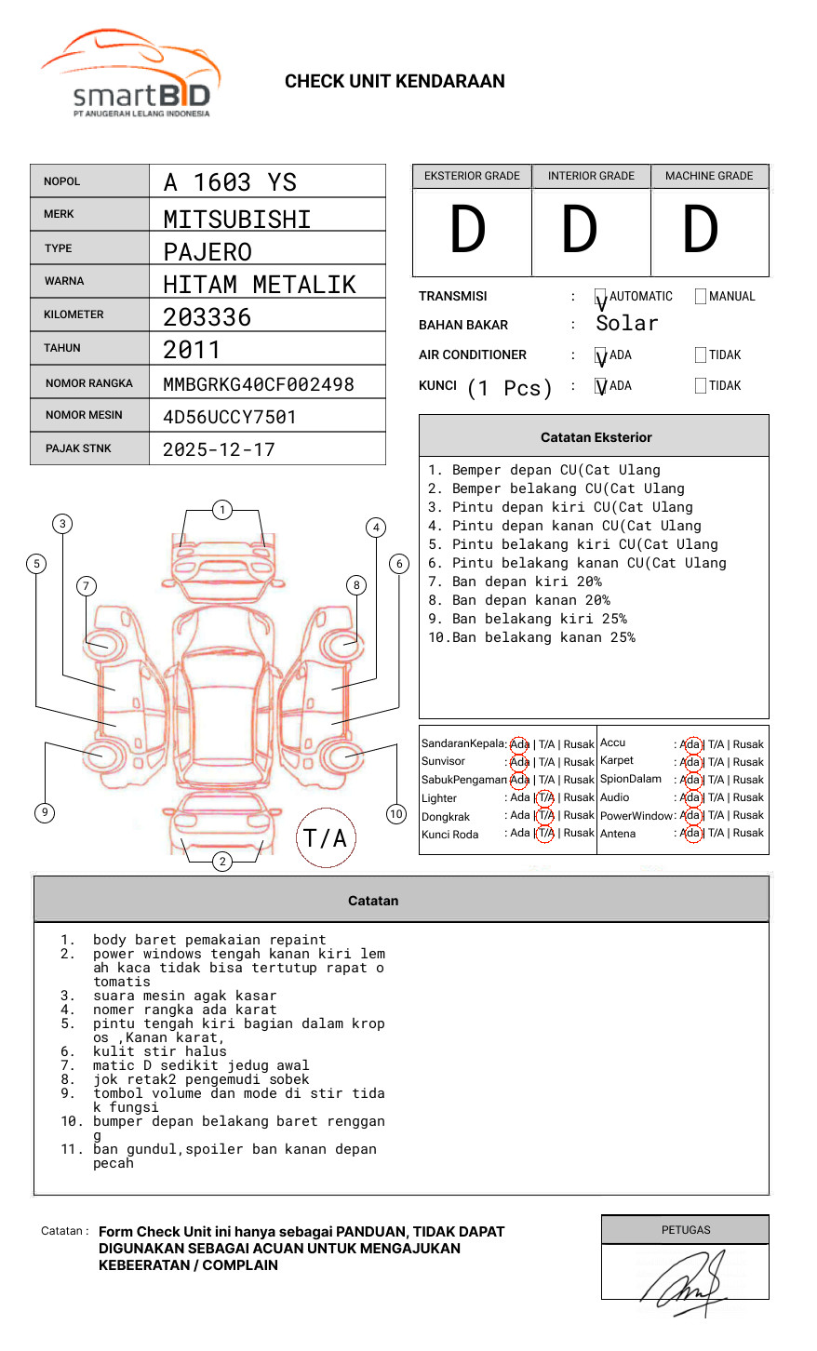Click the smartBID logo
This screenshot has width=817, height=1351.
point(130,74)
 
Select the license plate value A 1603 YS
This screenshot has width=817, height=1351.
point(230,182)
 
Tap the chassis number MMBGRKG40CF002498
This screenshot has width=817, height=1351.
point(258,384)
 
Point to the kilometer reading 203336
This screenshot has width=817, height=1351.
point(207,317)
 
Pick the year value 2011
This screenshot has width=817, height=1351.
point(192,350)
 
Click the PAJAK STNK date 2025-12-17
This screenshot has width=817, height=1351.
point(219,450)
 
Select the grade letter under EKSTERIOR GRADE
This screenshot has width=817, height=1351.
point(468,231)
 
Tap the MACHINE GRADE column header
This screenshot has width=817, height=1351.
point(709,176)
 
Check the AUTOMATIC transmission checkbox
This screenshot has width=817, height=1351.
point(601,298)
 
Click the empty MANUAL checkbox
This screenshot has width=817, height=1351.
point(701,297)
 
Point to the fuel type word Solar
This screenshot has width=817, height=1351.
point(627,324)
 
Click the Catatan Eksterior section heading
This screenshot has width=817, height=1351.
point(596,437)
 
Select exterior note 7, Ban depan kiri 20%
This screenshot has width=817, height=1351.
point(527,582)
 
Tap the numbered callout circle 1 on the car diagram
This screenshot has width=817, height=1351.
point(221,510)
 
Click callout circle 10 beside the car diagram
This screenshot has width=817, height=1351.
point(396,814)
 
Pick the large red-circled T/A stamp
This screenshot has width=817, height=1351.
point(326,838)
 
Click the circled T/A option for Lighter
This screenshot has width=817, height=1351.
point(545,797)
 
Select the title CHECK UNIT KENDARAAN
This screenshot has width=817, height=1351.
point(395,82)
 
